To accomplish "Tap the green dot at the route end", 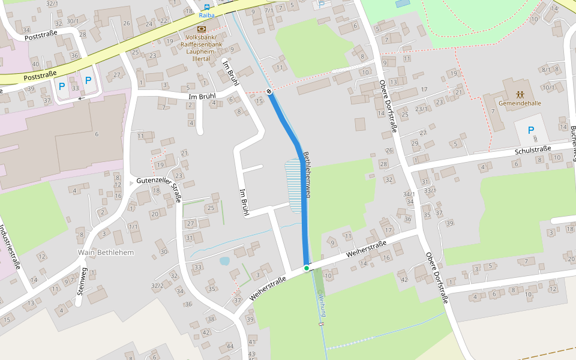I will [307, 268].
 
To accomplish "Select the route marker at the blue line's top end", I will [269, 92].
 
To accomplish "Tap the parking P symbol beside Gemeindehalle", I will [530, 130].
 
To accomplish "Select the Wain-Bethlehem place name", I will [106, 253].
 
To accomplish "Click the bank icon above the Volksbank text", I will [201, 29].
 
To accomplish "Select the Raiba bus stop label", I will [206, 14].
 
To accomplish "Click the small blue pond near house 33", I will [224, 261].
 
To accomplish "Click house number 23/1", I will [422, 109].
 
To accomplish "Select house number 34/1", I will [409, 194].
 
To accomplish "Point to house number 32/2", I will [157, 286].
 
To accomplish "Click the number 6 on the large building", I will [96, 134].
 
